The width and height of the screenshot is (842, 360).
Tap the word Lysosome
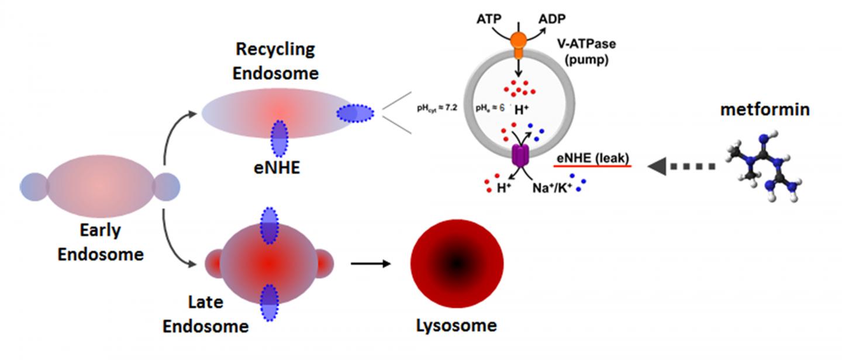456,325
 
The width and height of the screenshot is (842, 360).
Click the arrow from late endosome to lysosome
370,263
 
